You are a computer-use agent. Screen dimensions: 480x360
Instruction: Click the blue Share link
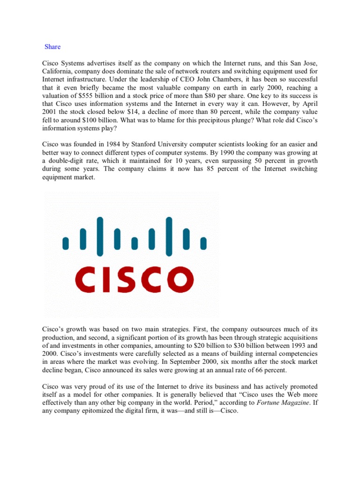pos(52,47)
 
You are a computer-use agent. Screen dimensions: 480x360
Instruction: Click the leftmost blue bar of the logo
pos(66,243)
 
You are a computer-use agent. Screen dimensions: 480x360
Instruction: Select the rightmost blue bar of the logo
pos(203,243)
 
